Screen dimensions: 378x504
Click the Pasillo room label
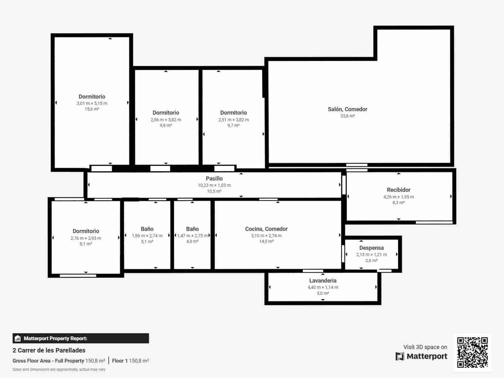(214, 179)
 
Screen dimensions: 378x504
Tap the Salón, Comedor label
(347, 109)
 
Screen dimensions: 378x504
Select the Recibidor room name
(398, 190)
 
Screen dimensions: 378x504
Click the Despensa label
(371, 248)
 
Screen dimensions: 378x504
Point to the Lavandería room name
(323, 281)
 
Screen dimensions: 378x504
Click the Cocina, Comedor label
(266, 229)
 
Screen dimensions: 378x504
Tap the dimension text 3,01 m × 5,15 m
(92, 103)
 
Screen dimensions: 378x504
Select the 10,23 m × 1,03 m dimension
(214, 185)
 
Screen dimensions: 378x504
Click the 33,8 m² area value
(347, 116)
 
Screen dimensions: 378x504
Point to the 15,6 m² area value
(92, 109)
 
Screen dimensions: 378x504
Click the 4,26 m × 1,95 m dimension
(398, 197)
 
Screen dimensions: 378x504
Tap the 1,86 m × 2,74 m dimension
(147, 236)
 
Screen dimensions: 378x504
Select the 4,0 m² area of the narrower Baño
(192, 242)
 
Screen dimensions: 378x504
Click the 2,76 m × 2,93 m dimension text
(86, 238)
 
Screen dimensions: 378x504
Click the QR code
(472, 352)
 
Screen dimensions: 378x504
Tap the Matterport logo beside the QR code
(421, 356)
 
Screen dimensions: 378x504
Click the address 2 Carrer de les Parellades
(49, 350)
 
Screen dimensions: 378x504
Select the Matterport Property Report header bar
(81, 338)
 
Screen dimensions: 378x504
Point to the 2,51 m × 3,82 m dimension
(233, 120)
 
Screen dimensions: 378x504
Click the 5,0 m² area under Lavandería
(323, 293)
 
